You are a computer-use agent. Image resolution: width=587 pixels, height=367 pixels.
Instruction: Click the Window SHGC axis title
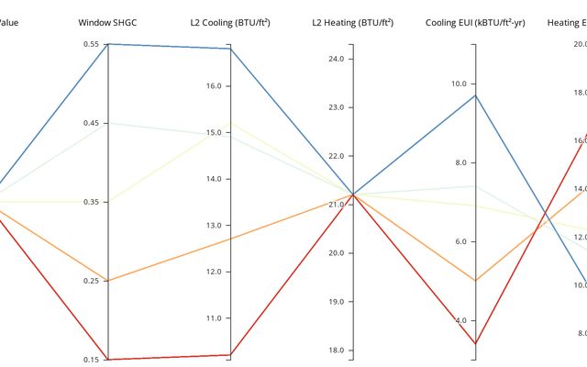pos(107,21)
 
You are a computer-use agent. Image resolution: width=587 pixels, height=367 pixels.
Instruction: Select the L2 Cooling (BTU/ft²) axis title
pos(230,21)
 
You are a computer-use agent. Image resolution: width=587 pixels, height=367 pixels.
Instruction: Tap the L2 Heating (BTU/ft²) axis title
pos(352,21)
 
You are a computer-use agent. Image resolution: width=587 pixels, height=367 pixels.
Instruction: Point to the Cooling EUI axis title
pos(474,21)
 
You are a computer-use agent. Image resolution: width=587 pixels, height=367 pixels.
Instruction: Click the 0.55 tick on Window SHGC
pos(91,44)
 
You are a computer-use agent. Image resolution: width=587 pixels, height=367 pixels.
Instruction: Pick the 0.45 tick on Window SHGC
pos(91,123)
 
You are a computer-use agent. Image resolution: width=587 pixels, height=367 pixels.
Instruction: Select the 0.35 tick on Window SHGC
pos(91,202)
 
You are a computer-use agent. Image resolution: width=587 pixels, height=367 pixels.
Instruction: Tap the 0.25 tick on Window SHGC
pos(91,281)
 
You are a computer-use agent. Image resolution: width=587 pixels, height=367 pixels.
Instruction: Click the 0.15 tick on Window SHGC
pos(91,360)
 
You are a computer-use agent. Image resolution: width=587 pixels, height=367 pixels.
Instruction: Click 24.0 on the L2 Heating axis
pos(335,60)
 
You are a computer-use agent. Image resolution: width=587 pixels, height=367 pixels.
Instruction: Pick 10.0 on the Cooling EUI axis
pos(458,83)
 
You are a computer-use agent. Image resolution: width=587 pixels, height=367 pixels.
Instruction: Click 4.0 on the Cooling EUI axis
pos(458,320)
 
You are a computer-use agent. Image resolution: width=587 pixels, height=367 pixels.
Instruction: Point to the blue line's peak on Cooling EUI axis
pos(474,95)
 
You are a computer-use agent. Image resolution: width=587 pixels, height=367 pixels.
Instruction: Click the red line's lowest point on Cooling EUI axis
pos(474,344)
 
